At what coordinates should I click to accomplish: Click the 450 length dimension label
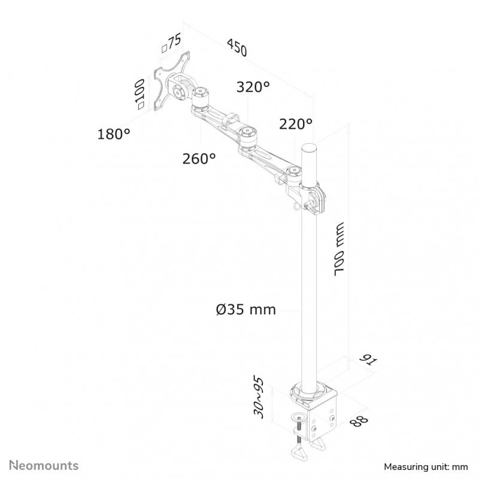(x=237, y=47)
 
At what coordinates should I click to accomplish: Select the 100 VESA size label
(x=140, y=94)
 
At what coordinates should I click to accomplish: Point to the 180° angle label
(x=114, y=134)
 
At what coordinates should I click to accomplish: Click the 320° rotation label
(x=253, y=87)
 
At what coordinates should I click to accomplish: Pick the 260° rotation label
(x=199, y=159)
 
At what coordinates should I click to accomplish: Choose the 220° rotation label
(x=296, y=124)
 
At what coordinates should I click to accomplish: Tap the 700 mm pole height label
(x=339, y=249)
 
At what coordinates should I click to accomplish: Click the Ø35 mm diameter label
(x=246, y=310)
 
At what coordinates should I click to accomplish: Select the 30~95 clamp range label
(x=258, y=398)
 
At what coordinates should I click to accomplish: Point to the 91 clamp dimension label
(x=368, y=360)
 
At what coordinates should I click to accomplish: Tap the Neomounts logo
(x=44, y=465)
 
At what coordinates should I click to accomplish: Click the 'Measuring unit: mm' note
(x=426, y=467)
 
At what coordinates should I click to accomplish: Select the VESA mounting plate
(x=171, y=81)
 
